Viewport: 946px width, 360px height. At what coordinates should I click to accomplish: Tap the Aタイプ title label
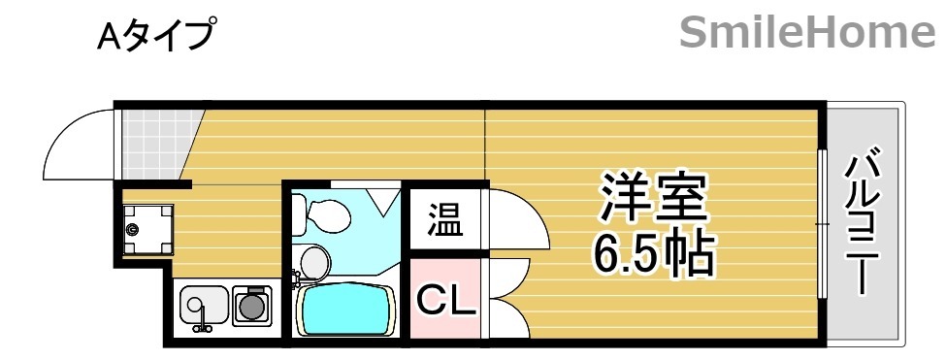[155, 37]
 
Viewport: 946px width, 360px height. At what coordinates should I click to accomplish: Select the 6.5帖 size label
[654, 254]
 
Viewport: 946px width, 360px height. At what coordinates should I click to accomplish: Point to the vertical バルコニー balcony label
[864, 222]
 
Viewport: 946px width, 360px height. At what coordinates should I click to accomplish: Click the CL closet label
[446, 302]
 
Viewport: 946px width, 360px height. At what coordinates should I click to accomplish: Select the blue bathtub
[346, 311]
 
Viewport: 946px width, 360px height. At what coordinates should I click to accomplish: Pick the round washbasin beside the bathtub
[313, 261]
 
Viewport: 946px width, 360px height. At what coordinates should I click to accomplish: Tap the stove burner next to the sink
[253, 306]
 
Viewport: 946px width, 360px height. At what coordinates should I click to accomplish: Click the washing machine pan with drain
[147, 229]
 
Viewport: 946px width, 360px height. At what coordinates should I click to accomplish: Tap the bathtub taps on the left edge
[294, 283]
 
